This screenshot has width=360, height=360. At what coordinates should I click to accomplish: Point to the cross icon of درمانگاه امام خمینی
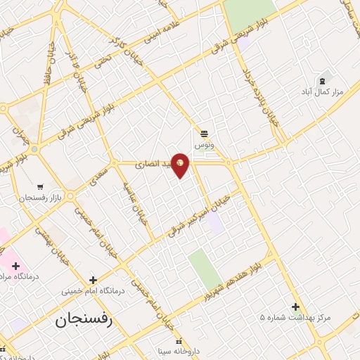pos(93,279)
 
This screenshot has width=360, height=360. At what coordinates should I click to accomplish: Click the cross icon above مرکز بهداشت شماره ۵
pos(295,307)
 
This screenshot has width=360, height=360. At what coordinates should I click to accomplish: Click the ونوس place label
pos(204,144)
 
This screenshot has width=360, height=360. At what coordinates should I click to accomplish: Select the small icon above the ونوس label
pos(204,133)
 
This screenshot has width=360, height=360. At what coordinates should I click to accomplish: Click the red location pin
pos(181,164)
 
